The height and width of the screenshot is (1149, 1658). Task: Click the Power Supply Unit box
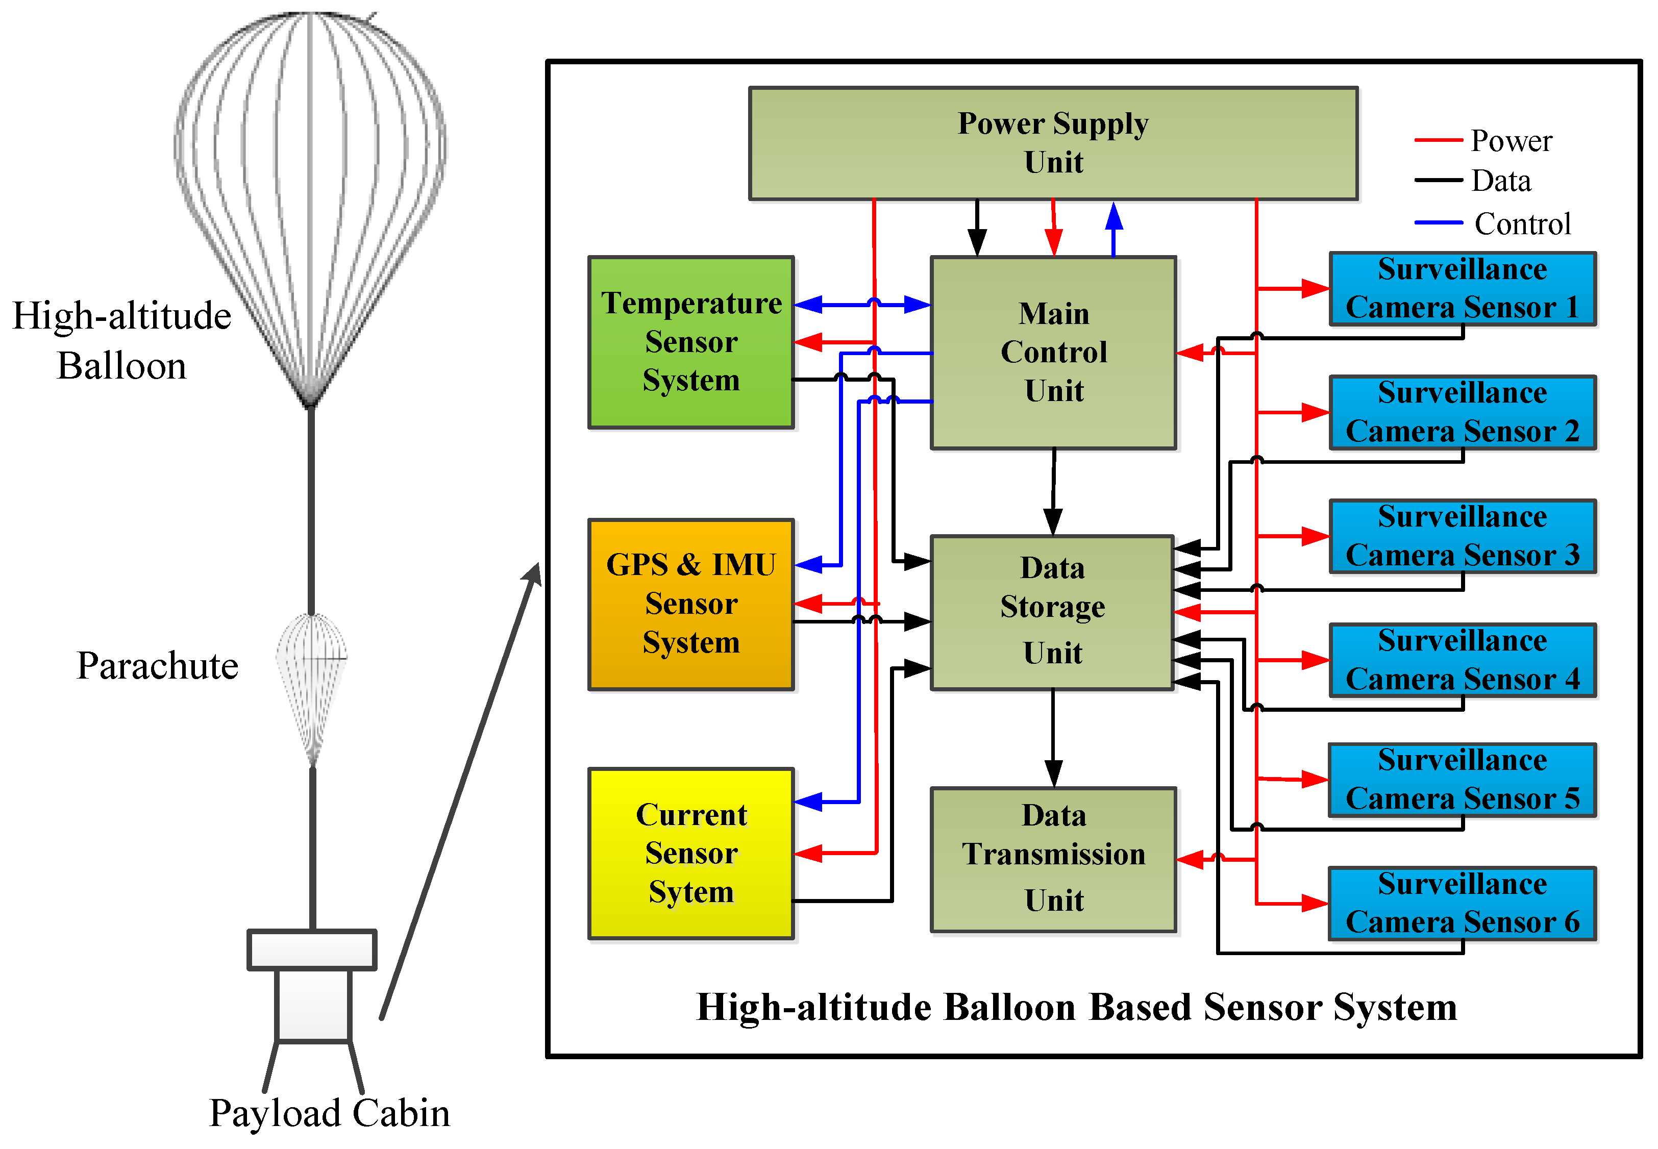point(1053,143)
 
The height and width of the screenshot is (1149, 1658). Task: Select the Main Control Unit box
point(1053,353)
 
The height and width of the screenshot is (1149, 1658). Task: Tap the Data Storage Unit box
point(1051,612)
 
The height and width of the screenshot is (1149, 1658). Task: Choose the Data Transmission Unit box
point(1053,859)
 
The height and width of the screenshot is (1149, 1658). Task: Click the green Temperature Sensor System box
point(690,342)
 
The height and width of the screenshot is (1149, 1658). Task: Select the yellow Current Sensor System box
point(690,853)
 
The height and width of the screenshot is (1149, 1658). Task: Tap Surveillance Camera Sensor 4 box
point(1462,660)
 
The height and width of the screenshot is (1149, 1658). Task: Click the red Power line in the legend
point(1438,140)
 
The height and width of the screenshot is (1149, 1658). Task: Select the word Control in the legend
point(1522,224)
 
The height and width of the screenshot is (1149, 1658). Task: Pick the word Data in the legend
point(1500,181)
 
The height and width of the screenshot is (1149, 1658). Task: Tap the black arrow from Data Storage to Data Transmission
point(1053,741)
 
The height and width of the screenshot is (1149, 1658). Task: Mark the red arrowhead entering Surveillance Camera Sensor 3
point(1315,536)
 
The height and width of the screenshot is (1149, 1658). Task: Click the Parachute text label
point(157,665)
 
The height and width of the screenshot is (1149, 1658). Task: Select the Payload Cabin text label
point(330,1113)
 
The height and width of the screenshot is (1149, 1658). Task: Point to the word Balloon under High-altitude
point(121,366)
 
